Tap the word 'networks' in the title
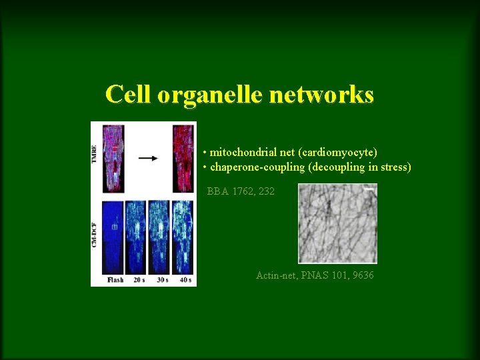[x=321, y=95]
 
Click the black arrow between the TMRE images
[x=148, y=159]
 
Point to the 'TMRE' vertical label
[x=95, y=157]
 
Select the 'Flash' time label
[x=115, y=280]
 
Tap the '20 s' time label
[x=139, y=280]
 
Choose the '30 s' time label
[x=161, y=280]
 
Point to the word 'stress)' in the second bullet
[x=395, y=167]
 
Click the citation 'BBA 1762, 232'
[x=241, y=191]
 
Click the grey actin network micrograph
[x=337, y=223]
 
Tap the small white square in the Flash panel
[x=114, y=227]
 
